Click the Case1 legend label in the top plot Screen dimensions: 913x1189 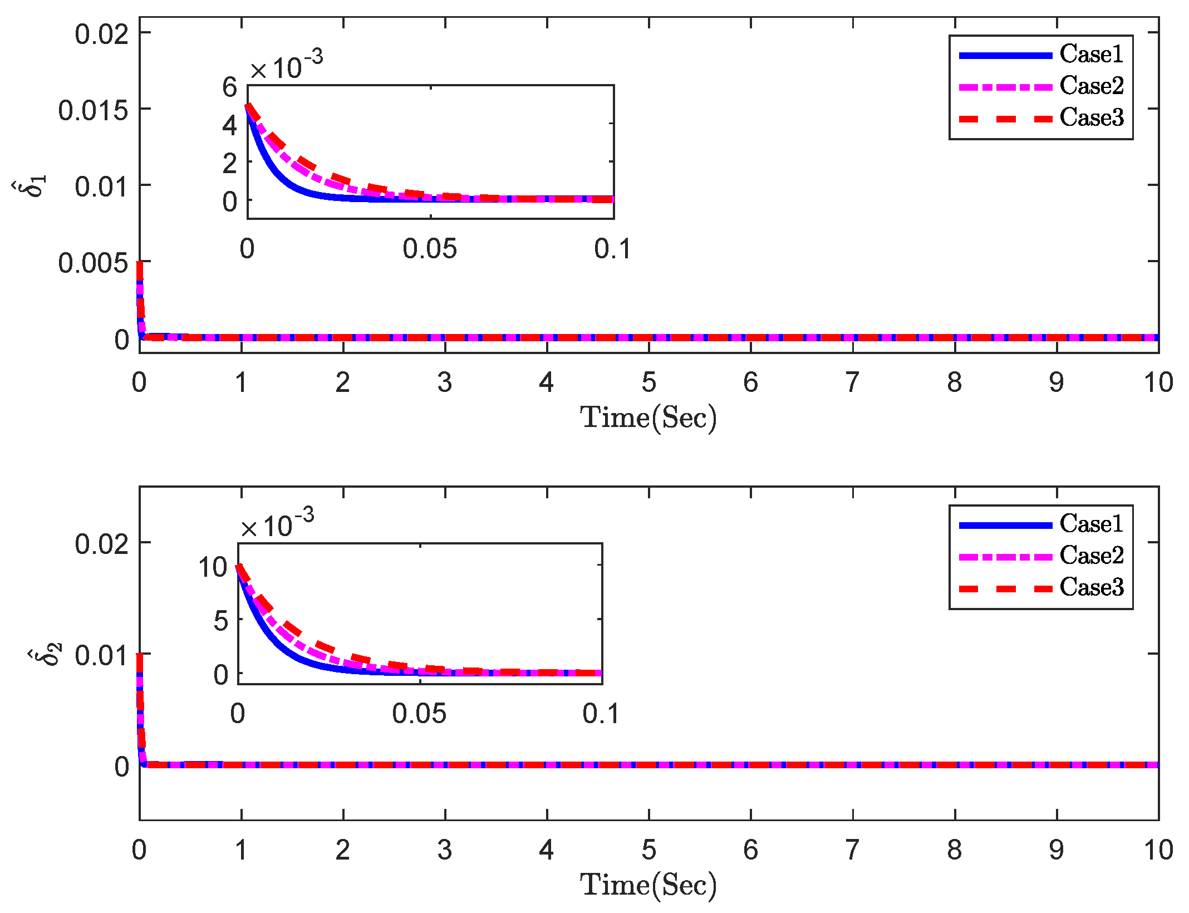coord(1091,54)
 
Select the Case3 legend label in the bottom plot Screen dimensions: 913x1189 coord(1091,587)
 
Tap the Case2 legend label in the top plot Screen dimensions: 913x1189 coord(1091,86)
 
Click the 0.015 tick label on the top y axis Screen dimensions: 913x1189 coord(93,110)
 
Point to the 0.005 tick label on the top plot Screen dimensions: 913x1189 coord(93,263)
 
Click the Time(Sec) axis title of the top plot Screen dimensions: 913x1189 coord(648,418)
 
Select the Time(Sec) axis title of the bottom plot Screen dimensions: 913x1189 coord(648,885)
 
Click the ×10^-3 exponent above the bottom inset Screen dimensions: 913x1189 coord(277,523)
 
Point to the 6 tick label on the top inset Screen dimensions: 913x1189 coord(229,87)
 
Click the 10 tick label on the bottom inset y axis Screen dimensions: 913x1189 coord(213,567)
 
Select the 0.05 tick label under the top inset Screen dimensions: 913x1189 coord(430,249)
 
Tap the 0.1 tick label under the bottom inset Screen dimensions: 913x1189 coord(601,714)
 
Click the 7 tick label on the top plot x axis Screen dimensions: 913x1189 coord(852,382)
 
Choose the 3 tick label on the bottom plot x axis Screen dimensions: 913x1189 coord(444,850)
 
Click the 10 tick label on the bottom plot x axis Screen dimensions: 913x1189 coord(1158,850)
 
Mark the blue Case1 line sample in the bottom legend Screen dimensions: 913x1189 coord(1005,525)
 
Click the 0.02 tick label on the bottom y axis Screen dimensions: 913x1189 coord(101,544)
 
